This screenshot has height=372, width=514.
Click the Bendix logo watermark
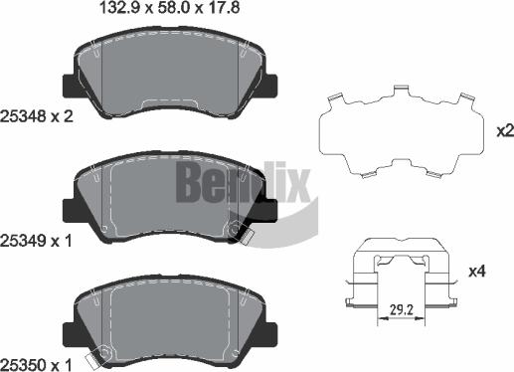[x=244, y=182]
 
